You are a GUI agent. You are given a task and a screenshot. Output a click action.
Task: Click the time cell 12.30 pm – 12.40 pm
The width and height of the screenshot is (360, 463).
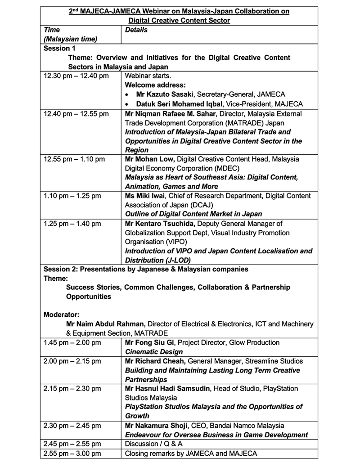(76, 76)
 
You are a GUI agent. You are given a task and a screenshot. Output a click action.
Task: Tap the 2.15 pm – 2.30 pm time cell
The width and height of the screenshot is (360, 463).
(72, 388)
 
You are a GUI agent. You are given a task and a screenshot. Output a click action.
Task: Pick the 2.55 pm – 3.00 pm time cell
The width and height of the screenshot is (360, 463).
(72, 453)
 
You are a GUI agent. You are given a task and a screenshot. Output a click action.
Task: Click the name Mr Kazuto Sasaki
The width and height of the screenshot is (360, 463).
(163, 94)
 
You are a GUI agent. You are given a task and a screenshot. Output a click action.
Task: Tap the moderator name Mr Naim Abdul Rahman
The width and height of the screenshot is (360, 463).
(106, 324)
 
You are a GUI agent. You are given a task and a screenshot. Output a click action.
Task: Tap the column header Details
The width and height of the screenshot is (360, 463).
(136, 30)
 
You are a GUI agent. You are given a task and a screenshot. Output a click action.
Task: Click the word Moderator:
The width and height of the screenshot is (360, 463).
(62, 315)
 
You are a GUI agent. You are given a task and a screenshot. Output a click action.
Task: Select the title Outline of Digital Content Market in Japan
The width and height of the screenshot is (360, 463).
(193, 214)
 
